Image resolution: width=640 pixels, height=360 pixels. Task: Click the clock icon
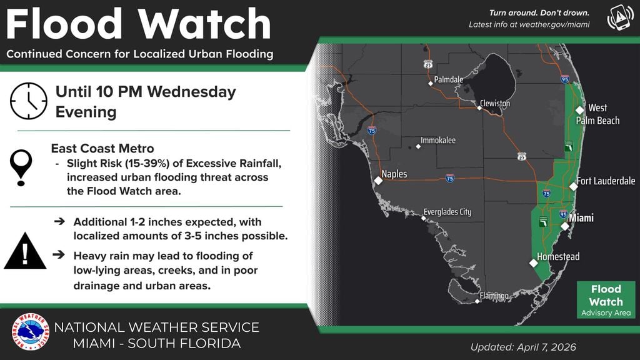click(x=29, y=101)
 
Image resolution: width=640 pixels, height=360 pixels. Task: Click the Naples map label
click(x=394, y=174)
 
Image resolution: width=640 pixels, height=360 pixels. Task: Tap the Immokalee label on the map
click(x=438, y=141)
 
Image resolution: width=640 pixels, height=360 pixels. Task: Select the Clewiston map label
click(x=495, y=103)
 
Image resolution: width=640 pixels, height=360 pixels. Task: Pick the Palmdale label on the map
click(x=449, y=79)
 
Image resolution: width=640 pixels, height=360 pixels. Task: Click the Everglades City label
click(x=447, y=212)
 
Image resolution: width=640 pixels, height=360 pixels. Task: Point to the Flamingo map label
click(x=494, y=296)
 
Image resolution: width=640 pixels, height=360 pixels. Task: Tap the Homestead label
click(x=558, y=257)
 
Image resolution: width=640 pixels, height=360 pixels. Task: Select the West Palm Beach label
click(x=597, y=114)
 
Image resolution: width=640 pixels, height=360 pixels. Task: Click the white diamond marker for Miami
click(x=564, y=226)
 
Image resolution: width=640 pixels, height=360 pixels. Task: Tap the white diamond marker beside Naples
click(x=378, y=181)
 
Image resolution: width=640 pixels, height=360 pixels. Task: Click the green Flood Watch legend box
click(x=606, y=299)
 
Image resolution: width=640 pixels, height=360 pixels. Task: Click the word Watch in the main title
click(x=205, y=25)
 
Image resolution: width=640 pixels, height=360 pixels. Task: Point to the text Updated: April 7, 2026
click(x=523, y=347)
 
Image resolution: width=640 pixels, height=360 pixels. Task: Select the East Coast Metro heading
click(x=102, y=149)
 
